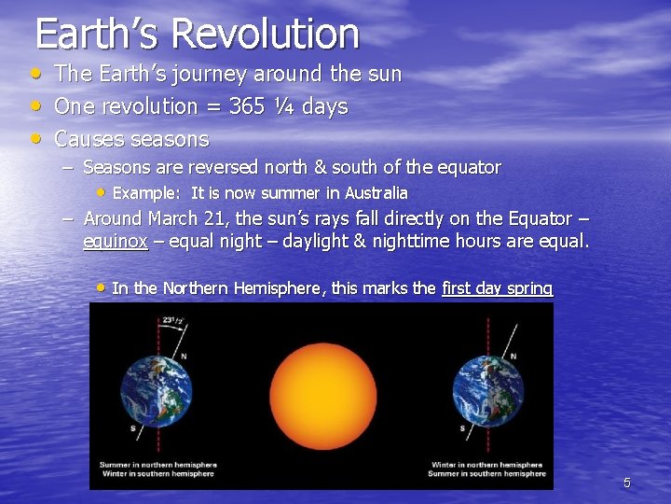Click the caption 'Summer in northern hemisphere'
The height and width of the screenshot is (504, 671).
pyautogui.click(x=157, y=464)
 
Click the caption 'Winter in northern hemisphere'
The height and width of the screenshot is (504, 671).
pyautogui.click(x=486, y=464)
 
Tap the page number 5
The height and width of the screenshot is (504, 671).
pyautogui.click(x=626, y=483)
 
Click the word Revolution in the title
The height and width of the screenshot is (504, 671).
pyautogui.click(x=266, y=34)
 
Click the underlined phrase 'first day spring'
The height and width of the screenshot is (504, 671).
pyautogui.click(x=497, y=287)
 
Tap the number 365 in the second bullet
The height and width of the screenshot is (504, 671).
pyautogui.click(x=247, y=106)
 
